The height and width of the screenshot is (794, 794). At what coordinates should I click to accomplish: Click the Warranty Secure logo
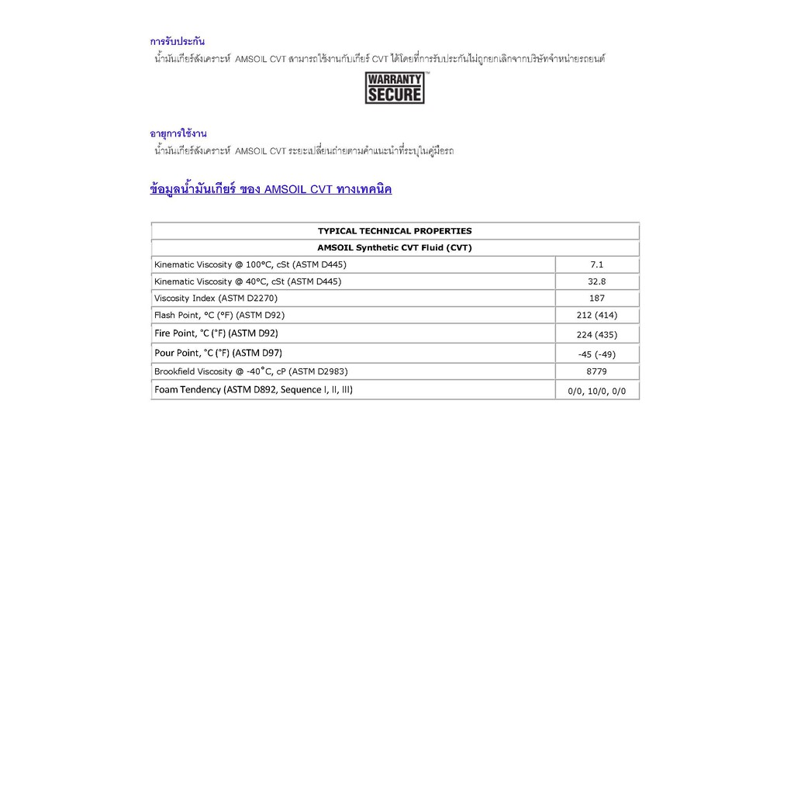click(x=395, y=88)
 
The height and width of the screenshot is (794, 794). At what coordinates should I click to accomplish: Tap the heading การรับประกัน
click(x=178, y=41)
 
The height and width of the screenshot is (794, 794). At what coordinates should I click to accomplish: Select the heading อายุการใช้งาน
click(x=178, y=133)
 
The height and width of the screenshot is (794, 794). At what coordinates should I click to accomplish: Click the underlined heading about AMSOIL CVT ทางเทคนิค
click(x=271, y=189)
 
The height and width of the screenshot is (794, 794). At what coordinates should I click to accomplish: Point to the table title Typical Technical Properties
click(x=395, y=231)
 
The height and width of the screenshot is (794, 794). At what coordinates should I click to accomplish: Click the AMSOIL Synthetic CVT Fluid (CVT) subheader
click(x=395, y=248)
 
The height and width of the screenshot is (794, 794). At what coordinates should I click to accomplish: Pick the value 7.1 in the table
click(x=597, y=264)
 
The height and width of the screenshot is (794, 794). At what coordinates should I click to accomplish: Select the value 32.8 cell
click(x=597, y=281)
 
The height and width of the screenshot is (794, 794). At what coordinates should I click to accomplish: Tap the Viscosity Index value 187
click(x=597, y=298)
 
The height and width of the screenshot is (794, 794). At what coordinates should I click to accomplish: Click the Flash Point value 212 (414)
click(x=597, y=316)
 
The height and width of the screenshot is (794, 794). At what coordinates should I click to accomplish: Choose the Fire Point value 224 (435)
click(x=597, y=335)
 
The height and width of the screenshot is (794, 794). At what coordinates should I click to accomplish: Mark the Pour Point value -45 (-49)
click(x=597, y=354)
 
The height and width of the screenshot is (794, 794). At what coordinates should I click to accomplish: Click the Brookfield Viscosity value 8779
click(x=597, y=371)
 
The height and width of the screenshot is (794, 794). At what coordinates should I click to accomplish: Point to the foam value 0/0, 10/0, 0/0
click(x=597, y=392)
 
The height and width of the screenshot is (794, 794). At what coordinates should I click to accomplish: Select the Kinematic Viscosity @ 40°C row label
click(x=247, y=281)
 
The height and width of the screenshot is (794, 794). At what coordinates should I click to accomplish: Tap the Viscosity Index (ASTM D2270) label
click(x=216, y=298)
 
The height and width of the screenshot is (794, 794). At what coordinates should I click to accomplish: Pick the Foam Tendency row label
click(x=254, y=389)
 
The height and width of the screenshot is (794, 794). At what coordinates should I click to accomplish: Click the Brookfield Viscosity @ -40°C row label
click(x=251, y=371)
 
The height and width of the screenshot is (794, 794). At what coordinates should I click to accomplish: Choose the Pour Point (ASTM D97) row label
click(x=219, y=353)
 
